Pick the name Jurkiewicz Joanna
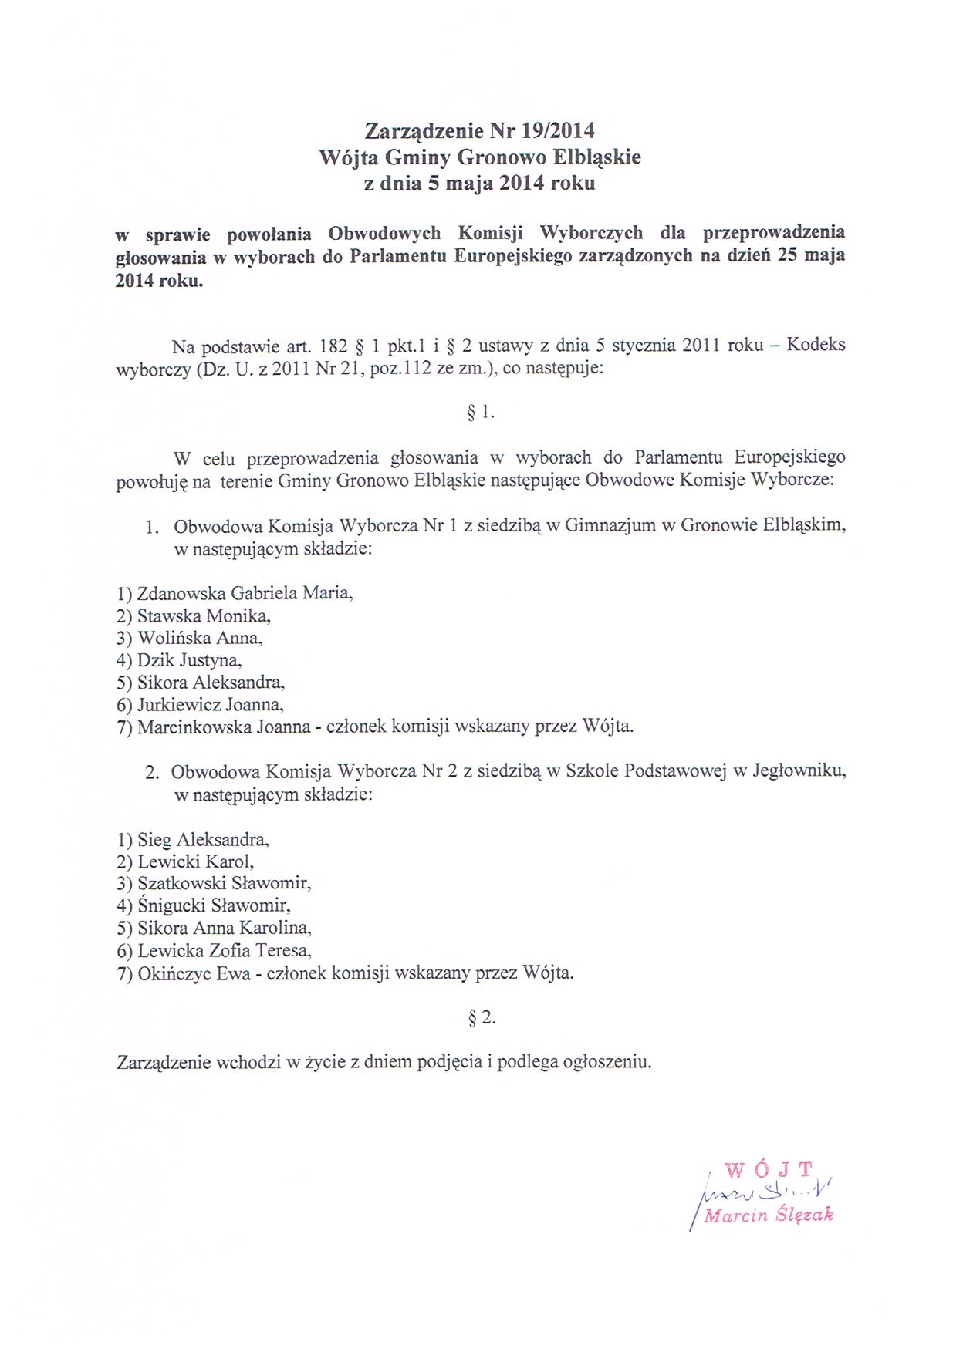click(x=210, y=704)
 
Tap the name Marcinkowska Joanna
click(x=224, y=727)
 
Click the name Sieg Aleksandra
click(x=203, y=839)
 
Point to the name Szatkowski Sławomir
click(x=224, y=883)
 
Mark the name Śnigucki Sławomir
click(x=214, y=905)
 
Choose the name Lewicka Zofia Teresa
click(x=224, y=951)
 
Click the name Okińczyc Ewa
click(x=194, y=973)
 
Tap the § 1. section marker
click(x=481, y=413)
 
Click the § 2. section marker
click(x=481, y=1018)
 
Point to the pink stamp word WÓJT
click(x=769, y=1169)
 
